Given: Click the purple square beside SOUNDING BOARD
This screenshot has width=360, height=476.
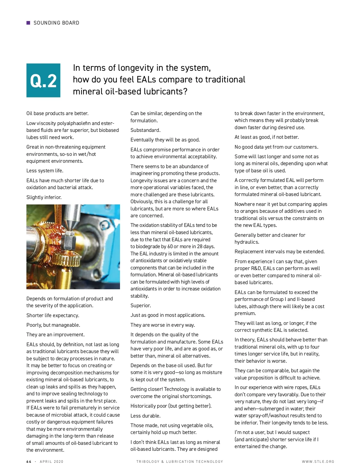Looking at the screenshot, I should [x=28, y=23].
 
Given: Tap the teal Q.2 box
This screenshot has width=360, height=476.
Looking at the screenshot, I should [x=43, y=80].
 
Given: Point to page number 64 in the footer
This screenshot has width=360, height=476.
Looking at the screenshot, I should [x=29, y=462].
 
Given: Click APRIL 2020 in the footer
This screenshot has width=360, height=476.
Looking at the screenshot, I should [x=52, y=462].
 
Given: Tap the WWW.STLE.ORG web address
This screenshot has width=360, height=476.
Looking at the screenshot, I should [x=318, y=462].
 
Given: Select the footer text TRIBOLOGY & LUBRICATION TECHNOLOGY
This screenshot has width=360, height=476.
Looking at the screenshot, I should [x=180, y=462].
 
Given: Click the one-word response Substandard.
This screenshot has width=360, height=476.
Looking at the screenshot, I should [x=145, y=130].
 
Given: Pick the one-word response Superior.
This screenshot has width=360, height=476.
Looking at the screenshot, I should [x=141, y=305].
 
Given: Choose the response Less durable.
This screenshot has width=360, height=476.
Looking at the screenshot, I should [x=145, y=416].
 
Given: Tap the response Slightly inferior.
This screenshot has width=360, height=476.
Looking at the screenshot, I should [x=44, y=197].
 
